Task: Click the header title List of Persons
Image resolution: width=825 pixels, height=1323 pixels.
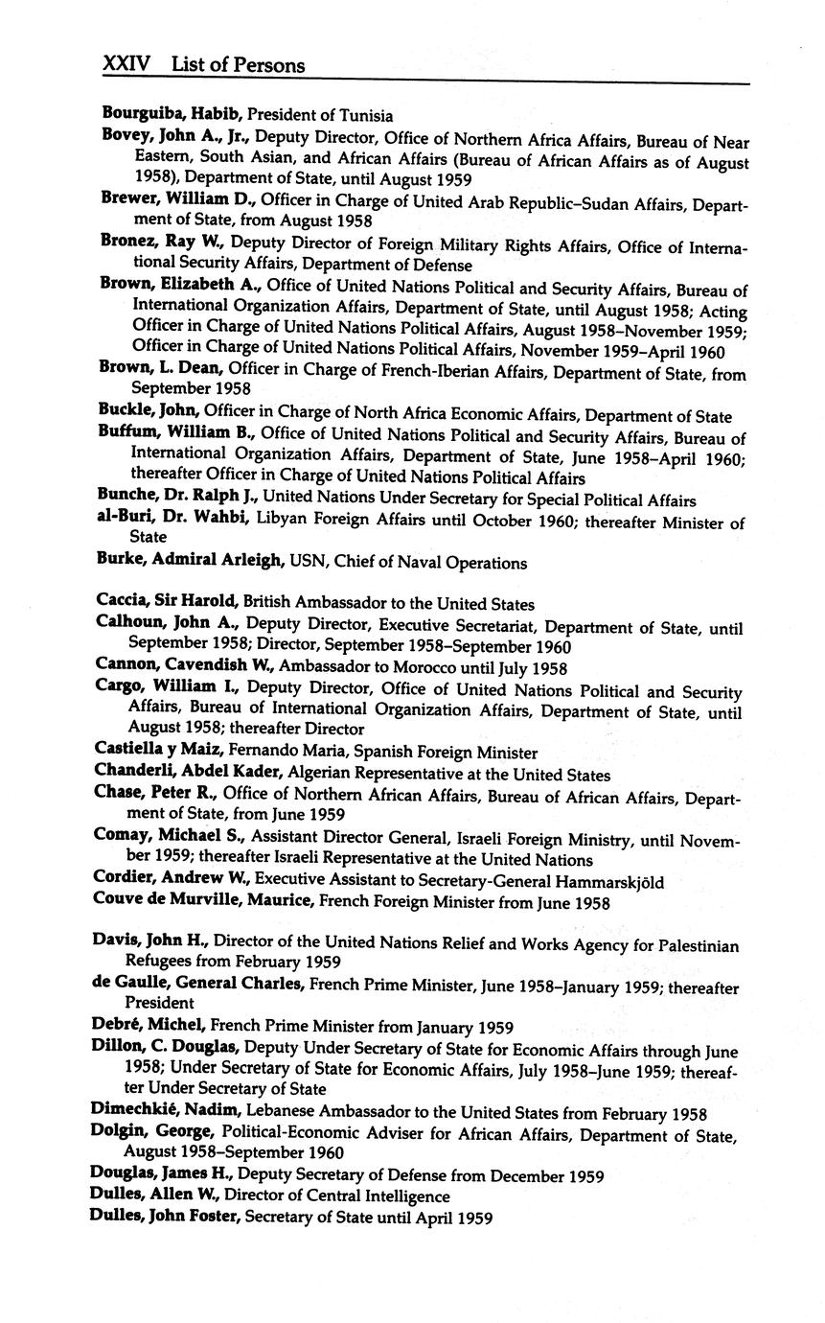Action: point(239,65)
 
